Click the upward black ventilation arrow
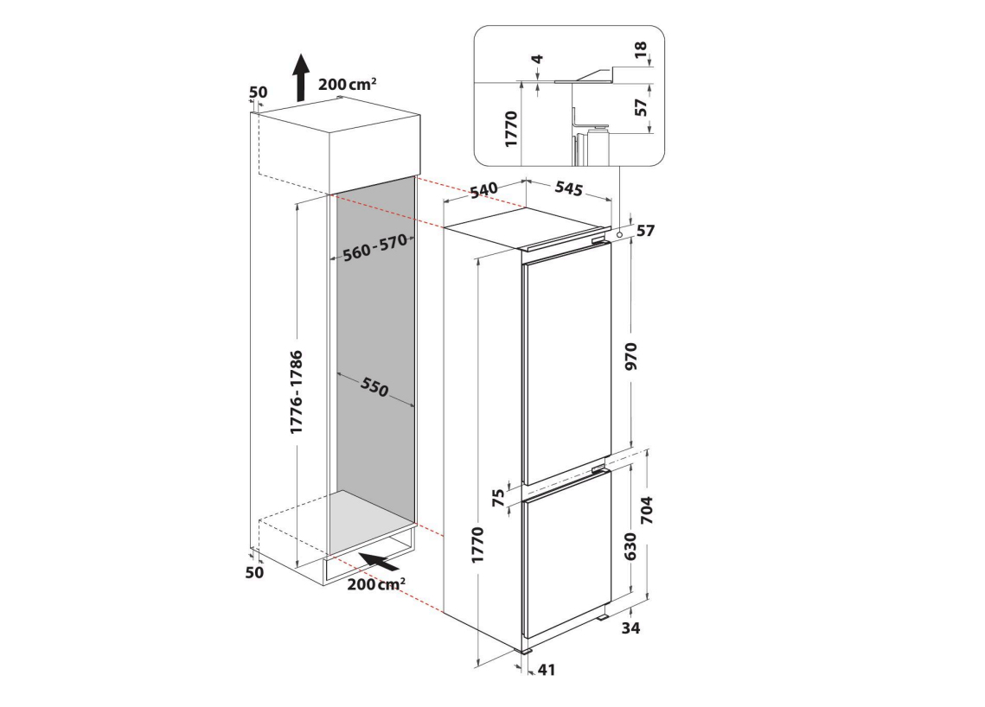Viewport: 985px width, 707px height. click(302, 77)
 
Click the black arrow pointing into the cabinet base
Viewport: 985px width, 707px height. click(378, 561)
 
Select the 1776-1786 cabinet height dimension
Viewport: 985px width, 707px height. click(296, 392)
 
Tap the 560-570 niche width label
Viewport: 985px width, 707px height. click(375, 247)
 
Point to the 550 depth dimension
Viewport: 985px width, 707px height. click(374, 387)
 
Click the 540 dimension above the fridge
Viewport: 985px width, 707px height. click(483, 189)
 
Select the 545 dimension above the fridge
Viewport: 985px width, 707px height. click(568, 188)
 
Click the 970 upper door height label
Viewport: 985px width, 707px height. click(630, 355)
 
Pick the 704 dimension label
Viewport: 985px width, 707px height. click(647, 511)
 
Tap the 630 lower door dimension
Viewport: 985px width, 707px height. click(630, 546)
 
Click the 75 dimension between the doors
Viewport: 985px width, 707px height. click(498, 498)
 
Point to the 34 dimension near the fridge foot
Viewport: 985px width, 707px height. click(630, 627)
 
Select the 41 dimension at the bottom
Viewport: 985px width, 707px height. click(547, 670)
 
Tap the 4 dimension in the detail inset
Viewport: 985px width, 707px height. click(537, 60)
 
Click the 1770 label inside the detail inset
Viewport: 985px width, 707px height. click(511, 129)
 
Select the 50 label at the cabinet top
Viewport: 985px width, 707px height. click(259, 92)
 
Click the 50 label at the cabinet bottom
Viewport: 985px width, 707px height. click(254, 573)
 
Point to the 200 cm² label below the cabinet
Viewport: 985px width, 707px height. click(375, 584)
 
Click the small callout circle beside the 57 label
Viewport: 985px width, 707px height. click(621, 234)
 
